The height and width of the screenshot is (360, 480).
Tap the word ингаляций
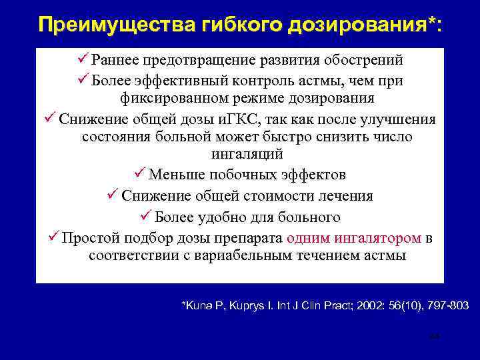248,155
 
